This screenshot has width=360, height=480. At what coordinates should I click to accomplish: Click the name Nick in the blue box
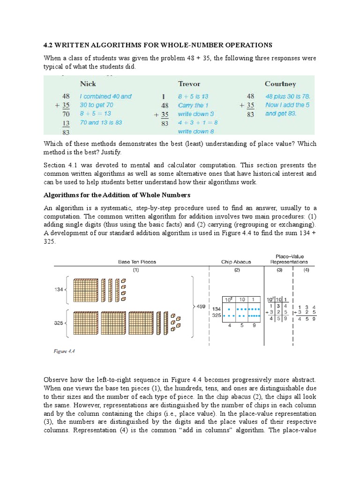point(88,84)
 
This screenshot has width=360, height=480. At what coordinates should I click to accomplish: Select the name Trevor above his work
point(189,84)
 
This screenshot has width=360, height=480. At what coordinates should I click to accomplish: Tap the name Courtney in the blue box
point(280,84)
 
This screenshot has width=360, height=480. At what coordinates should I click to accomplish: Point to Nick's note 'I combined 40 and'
point(105,97)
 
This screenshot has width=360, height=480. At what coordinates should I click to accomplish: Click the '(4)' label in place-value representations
point(307,270)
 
